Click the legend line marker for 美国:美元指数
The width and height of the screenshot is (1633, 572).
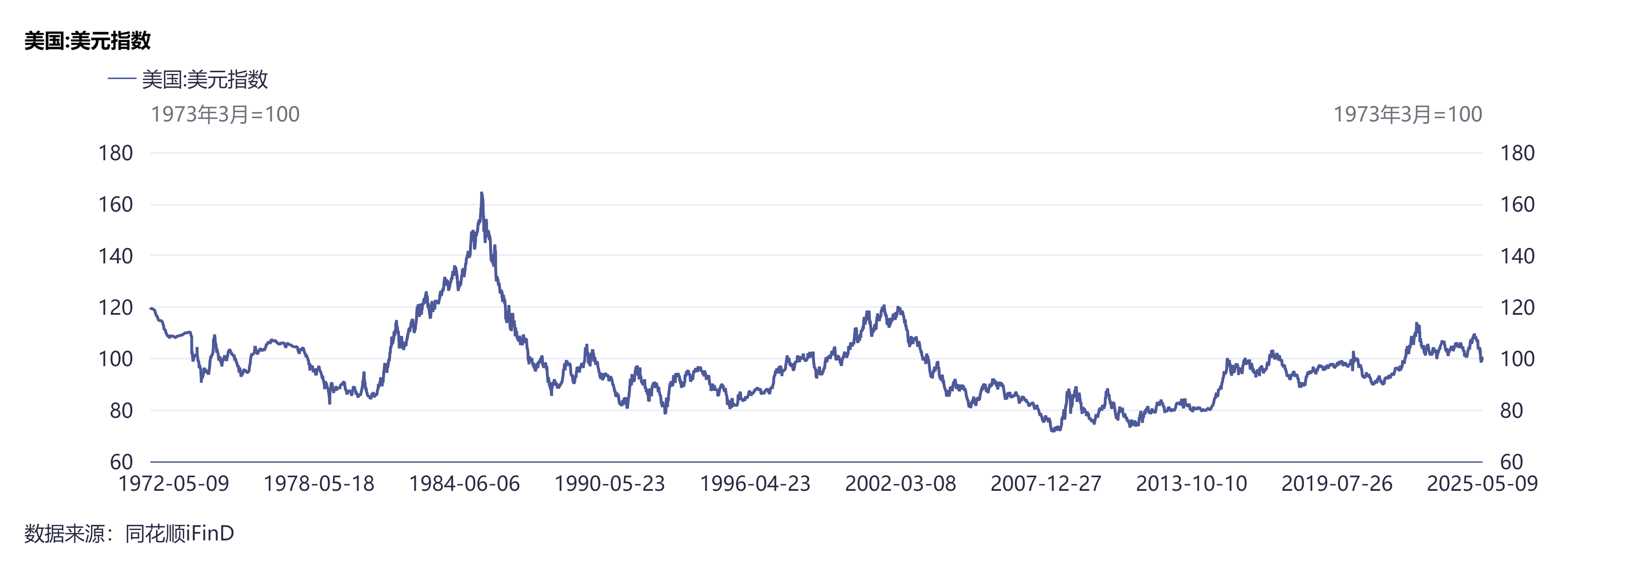point(122,79)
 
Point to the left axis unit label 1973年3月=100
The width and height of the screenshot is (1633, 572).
point(225,114)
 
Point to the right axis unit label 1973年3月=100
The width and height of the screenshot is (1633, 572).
point(1407,114)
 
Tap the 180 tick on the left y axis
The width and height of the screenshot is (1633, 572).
point(115,153)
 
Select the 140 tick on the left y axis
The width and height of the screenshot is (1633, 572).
point(115,256)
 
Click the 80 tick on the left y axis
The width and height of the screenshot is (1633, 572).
point(121,411)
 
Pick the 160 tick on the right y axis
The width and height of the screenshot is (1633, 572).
point(1517,204)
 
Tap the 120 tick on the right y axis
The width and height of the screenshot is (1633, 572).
point(1517,307)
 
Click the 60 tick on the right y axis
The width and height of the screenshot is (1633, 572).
point(1511,462)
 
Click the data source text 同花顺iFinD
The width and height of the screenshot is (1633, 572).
point(179,533)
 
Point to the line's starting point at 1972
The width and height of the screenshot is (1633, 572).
point(151,308)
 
